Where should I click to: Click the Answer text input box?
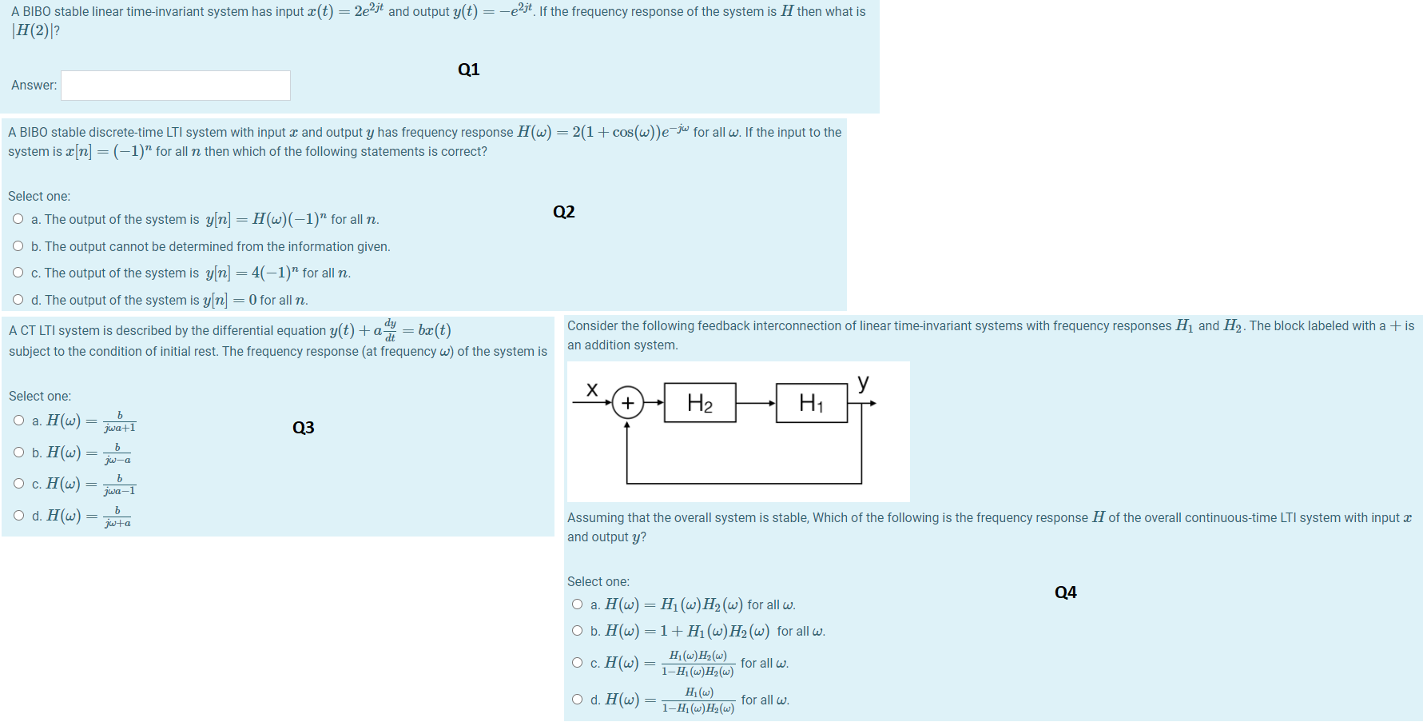(x=176, y=86)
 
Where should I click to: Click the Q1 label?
(x=469, y=70)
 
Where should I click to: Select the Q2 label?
(x=564, y=212)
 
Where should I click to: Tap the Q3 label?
(x=304, y=428)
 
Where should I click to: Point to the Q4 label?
(x=1066, y=592)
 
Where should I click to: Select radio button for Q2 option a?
(x=18, y=219)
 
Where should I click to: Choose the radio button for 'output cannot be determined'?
(x=18, y=246)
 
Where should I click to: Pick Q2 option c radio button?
(x=18, y=273)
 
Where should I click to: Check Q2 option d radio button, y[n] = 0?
(x=18, y=300)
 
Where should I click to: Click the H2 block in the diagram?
(x=700, y=403)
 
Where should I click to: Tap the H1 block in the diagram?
(x=812, y=403)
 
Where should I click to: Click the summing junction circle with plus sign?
(x=628, y=403)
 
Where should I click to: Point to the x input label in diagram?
(x=592, y=389)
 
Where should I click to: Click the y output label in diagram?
(x=863, y=382)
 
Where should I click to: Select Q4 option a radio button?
(x=578, y=604)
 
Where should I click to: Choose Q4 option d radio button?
(x=578, y=700)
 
